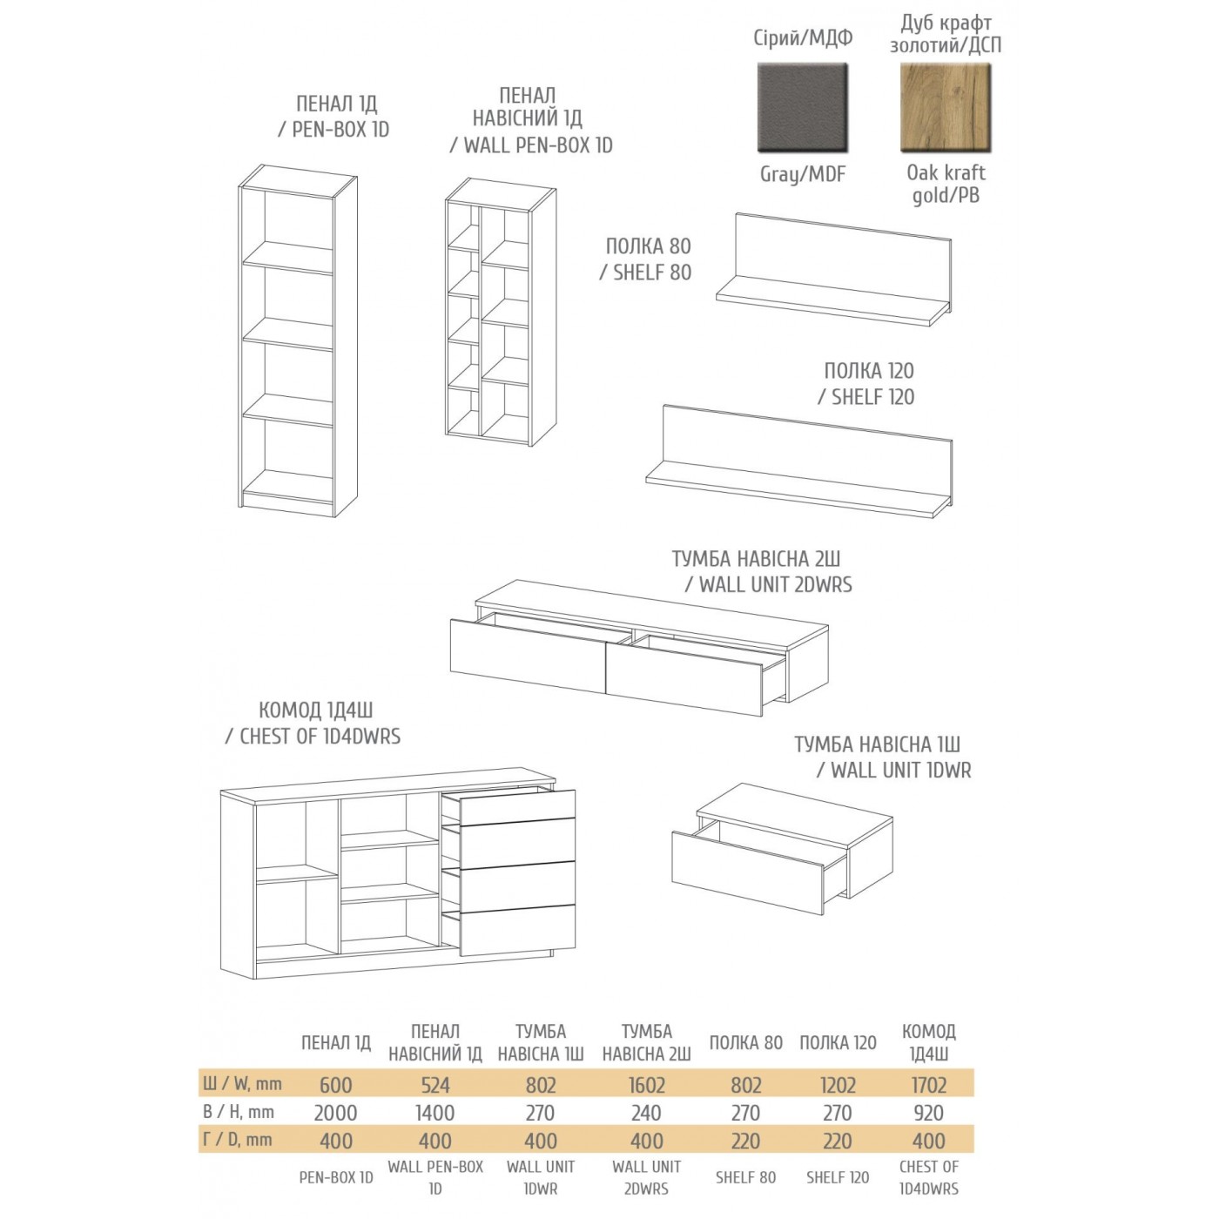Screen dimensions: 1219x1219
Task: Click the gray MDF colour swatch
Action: [x=802, y=108]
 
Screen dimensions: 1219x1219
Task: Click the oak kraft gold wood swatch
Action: [x=946, y=108]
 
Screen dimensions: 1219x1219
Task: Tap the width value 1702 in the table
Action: [x=928, y=1085]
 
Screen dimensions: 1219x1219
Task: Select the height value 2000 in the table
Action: [x=335, y=1113]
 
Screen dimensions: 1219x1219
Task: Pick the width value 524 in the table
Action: [x=435, y=1085]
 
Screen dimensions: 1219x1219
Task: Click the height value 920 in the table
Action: [x=928, y=1113]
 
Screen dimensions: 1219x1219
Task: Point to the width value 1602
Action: [x=646, y=1085]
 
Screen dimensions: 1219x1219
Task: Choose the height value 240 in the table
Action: [x=646, y=1113]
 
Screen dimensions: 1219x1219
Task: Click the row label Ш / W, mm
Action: [x=242, y=1084]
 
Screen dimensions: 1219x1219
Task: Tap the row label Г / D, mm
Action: [x=237, y=1140]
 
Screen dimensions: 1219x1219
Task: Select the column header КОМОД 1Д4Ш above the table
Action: [x=928, y=1042]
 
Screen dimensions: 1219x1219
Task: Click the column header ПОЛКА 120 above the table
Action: [x=838, y=1042]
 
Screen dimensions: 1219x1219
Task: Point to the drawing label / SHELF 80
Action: [x=645, y=273]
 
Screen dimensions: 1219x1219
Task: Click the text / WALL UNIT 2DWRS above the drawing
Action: [x=769, y=584]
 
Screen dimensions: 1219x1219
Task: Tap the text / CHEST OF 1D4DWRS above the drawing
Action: [x=313, y=737]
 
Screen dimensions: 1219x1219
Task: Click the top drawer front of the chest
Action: [x=517, y=807]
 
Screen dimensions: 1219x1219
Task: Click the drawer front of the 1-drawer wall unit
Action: [x=747, y=872]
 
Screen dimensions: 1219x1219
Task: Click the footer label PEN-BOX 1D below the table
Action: [x=335, y=1177]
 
